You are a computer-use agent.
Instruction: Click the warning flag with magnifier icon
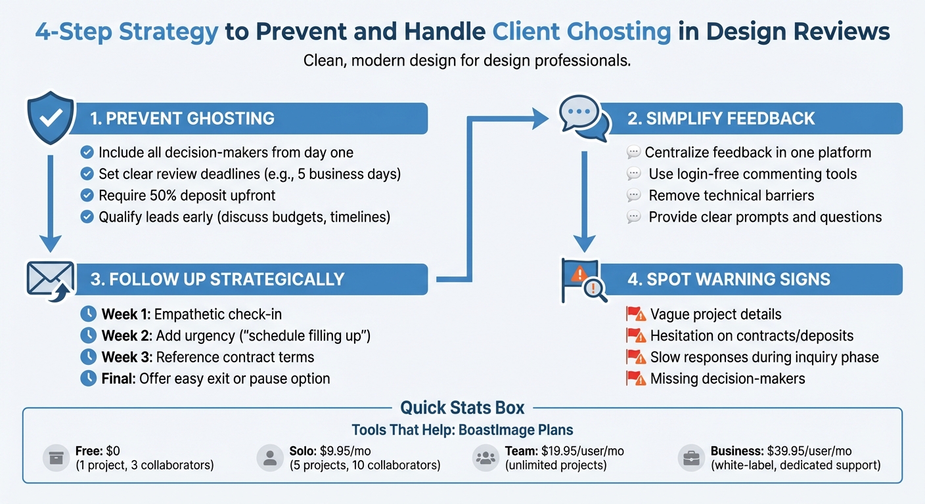[x=583, y=280]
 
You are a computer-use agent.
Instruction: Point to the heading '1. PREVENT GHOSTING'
[x=182, y=119]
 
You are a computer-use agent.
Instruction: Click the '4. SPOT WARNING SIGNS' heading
[x=729, y=279]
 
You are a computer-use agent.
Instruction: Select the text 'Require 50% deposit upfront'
[x=187, y=195]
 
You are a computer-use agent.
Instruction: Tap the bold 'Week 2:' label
[x=127, y=336]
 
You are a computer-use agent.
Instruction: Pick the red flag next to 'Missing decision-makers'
[x=635, y=379]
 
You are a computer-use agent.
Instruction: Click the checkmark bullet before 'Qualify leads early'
[x=87, y=217]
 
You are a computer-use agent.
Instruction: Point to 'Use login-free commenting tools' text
[x=752, y=174]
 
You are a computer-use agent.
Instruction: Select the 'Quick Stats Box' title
[x=462, y=408]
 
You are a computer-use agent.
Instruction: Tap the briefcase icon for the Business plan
[x=691, y=458]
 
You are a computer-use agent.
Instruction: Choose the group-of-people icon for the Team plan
[x=485, y=458]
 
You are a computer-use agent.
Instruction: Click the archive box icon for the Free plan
[x=55, y=458]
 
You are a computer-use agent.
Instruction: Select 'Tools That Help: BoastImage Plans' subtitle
[x=462, y=430]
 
